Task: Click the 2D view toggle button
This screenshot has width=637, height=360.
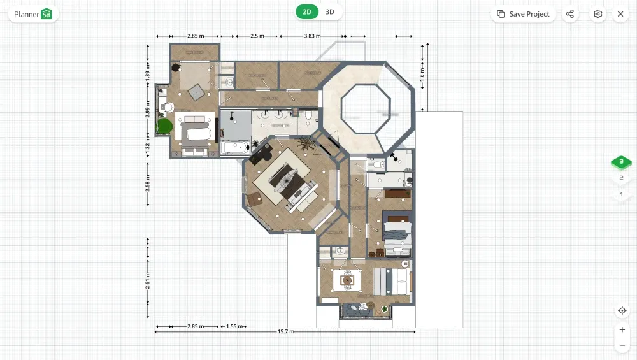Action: (307, 11)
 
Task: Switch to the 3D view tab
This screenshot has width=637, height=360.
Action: (329, 11)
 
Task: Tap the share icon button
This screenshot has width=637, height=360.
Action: (570, 14)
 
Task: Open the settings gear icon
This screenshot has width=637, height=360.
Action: (598, 14)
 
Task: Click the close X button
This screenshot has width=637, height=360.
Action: (620, 14)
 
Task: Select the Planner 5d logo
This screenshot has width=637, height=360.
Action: (33, 14)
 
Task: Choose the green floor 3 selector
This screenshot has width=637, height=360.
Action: (621, 162)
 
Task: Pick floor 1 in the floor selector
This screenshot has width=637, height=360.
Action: (621, 194)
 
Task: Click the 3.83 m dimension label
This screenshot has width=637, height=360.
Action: (312, 36)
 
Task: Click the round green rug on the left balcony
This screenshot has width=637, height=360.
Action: (165, 126)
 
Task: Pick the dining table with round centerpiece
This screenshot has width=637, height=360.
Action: (347, 279)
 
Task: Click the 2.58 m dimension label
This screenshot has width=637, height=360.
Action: (147, 187)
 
